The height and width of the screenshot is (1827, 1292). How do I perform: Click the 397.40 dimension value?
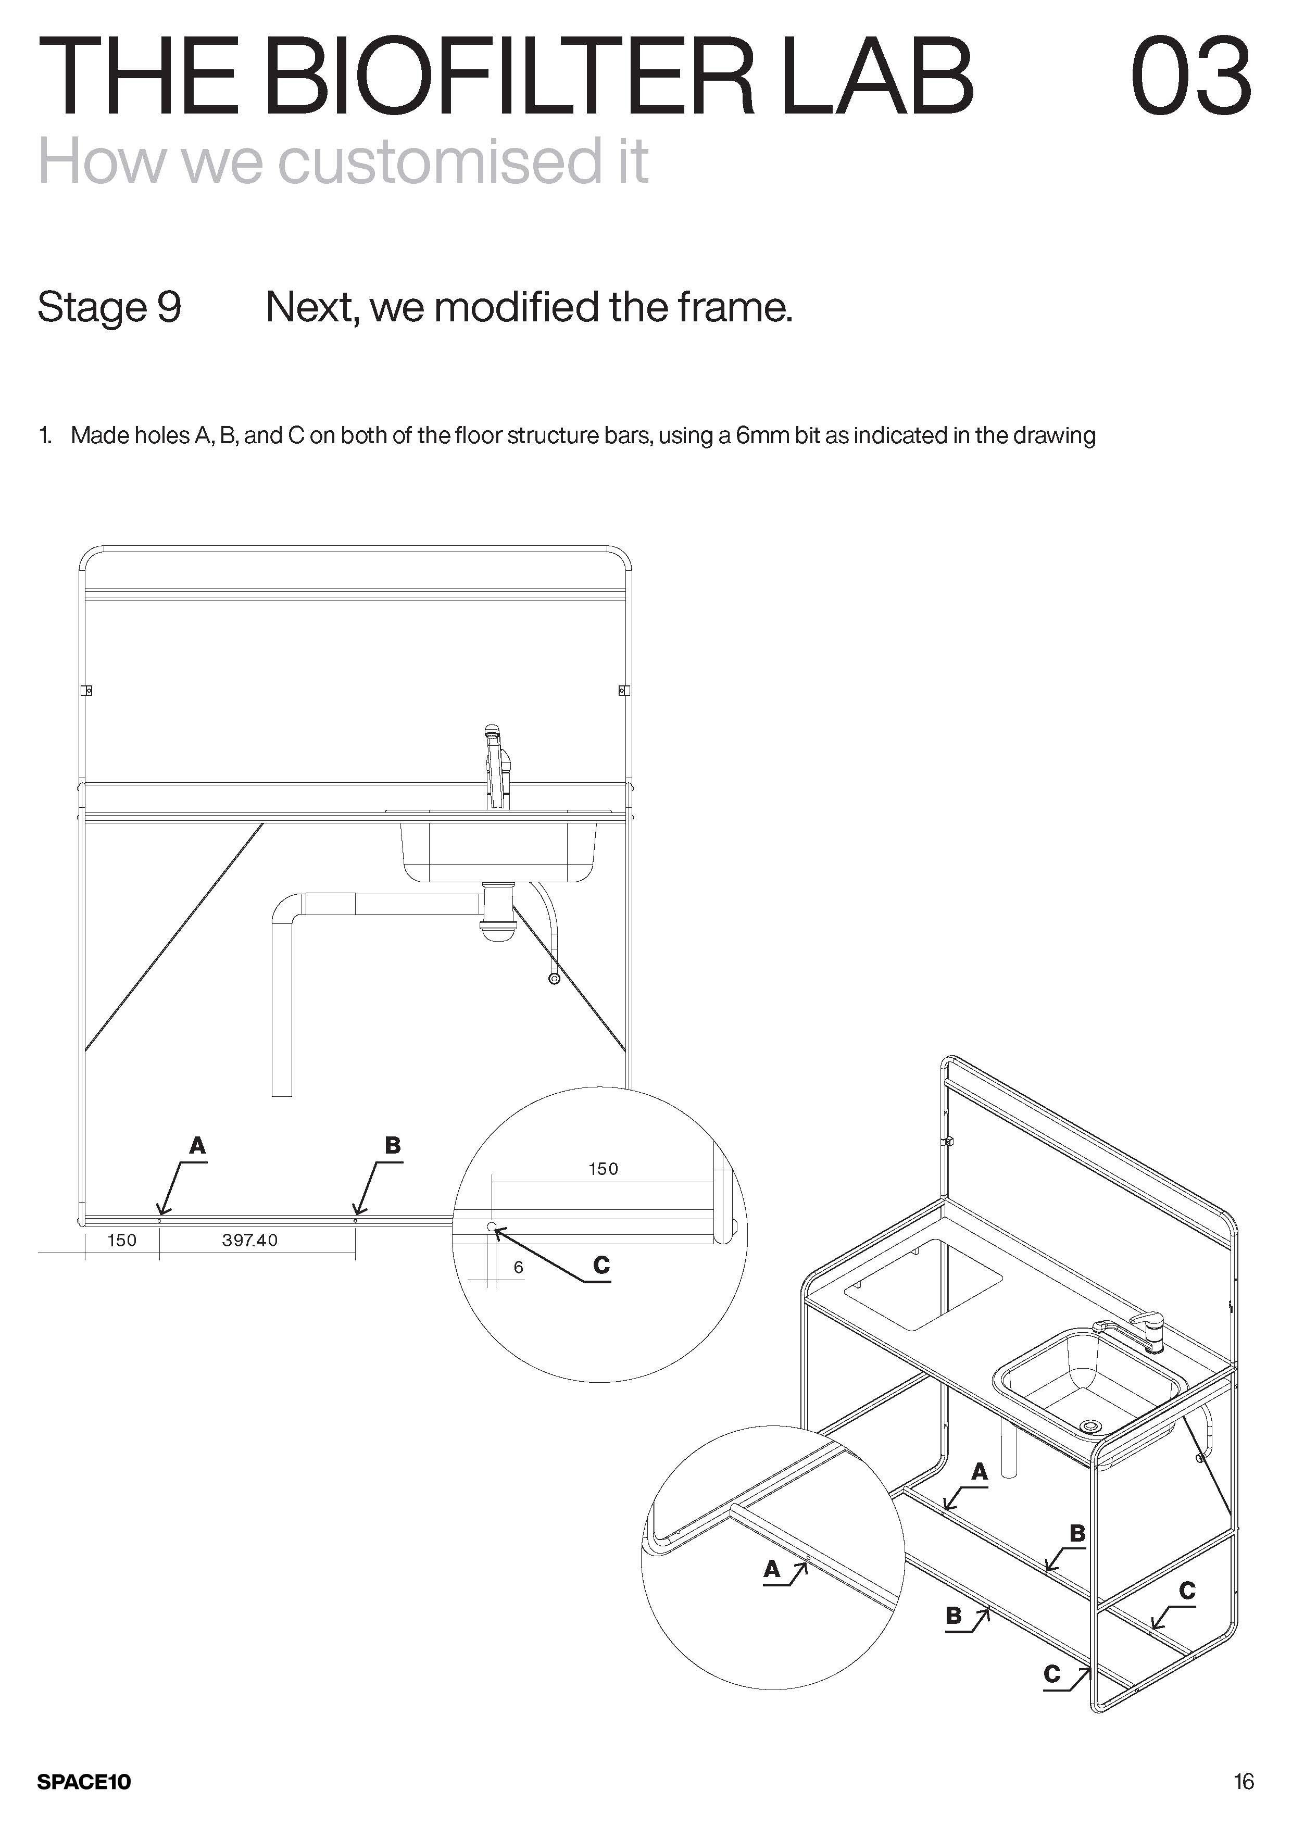(250, 1240)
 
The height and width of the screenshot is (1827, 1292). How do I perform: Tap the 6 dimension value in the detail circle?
(519, 1267)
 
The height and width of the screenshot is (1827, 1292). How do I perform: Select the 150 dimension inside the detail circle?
(603, 1169)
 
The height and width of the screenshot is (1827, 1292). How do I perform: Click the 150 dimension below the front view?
(122, 1240)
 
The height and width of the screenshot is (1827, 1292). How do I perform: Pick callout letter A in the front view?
(197, 1146)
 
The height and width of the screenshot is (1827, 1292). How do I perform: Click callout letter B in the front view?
(392, 1146)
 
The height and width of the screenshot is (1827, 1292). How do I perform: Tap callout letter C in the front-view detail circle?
(601, 1265)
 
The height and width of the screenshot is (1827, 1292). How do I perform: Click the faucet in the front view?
(495, 766)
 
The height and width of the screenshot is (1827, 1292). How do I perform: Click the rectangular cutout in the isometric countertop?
(923, 1283)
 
